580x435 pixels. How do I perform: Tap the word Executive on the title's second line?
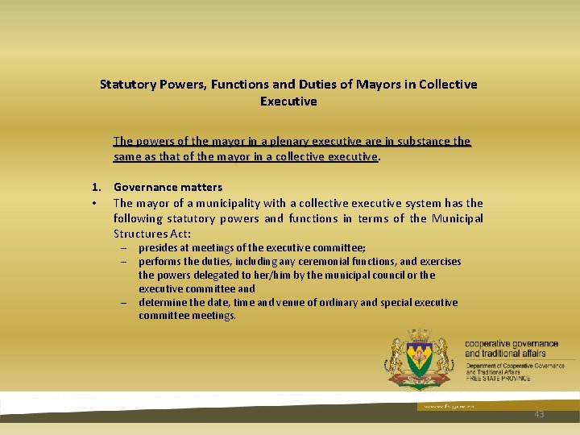[288, 101]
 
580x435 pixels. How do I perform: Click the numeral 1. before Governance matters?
[96, 187]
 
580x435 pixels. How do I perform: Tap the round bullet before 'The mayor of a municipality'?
[95, 203]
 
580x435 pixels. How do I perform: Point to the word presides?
[159, 248]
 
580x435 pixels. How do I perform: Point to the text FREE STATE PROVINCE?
[499, 378]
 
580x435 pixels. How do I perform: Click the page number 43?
[539, 414]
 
